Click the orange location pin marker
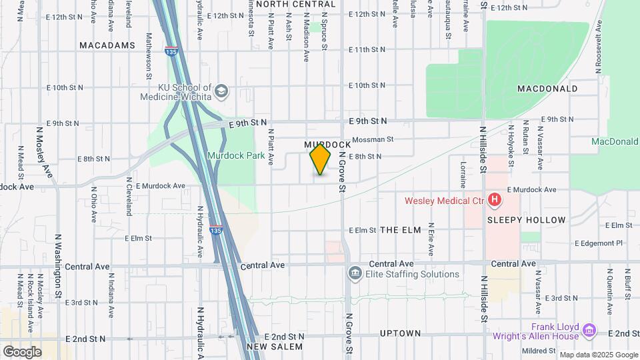(x=320, y=159)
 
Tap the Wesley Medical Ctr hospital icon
(x=494, y=199)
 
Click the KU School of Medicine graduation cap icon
(x=222, y=91)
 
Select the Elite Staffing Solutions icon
(x=354, y=273)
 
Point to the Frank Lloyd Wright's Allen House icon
(x=589, y=330)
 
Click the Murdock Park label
(x=236, y=156)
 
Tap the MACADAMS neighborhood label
(x=107, y=45)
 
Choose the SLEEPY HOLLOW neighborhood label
(x=527, y=220)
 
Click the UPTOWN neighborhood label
(x=400, y=333)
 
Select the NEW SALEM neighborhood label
(x=275, y=347)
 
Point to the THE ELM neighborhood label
(x=401, y=229)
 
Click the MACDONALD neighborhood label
(x=547, y=89)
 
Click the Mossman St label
(x=373, y=139)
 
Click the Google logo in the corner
(x=22, y=351)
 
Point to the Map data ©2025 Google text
(x=599, y=355)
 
